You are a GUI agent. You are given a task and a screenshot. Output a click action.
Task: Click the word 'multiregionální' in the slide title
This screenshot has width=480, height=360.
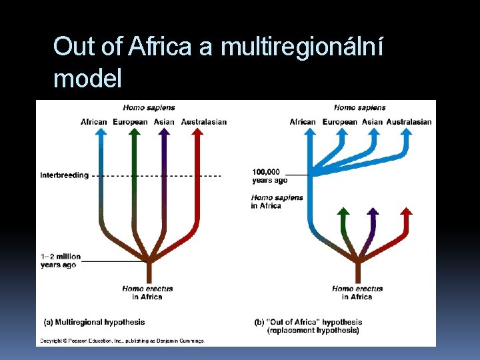[301, 47]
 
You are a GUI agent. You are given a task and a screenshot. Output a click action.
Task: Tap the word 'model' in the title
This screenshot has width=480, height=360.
[87, 79]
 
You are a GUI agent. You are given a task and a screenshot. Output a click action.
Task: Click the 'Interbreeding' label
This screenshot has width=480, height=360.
[64, 175]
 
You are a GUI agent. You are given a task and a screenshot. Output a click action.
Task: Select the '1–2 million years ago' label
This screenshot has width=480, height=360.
[60, 261]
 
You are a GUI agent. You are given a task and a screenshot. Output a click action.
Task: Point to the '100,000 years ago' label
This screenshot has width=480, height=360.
[269, 175]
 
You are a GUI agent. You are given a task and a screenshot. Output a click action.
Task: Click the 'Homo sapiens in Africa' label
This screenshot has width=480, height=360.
[277, 201]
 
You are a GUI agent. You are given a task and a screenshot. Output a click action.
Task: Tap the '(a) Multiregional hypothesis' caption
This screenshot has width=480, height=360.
[94, 322]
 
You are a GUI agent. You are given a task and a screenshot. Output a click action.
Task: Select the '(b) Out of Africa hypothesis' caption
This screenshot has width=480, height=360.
[308, 326]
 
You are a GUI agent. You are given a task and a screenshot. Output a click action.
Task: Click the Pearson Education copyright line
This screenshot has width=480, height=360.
[121, 341]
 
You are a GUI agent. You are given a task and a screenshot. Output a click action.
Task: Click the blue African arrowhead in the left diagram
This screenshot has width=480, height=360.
[101, 131]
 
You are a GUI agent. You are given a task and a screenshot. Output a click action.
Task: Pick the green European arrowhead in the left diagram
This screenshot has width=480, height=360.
[134, 131]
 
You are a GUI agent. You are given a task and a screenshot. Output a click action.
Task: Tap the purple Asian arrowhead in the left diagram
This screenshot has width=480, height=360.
[164, 131]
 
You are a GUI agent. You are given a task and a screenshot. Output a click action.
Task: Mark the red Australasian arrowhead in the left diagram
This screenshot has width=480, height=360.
[197, 131]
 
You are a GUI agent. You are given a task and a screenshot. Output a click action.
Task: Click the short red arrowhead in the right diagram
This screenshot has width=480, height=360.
[405, 211]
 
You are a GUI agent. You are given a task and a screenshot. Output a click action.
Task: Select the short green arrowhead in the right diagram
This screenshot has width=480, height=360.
[343, 211]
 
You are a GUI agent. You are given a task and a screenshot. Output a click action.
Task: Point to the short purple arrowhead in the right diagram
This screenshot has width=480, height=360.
[373, 211]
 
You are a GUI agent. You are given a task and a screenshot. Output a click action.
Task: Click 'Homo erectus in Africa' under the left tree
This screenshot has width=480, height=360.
[147, 293]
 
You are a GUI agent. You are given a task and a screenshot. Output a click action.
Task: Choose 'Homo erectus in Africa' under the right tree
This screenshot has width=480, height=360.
[357, 293]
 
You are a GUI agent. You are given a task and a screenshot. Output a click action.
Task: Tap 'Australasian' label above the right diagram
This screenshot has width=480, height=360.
[409, 121]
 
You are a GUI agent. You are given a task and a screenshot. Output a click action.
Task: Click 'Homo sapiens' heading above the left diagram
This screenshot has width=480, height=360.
[149, 107]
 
